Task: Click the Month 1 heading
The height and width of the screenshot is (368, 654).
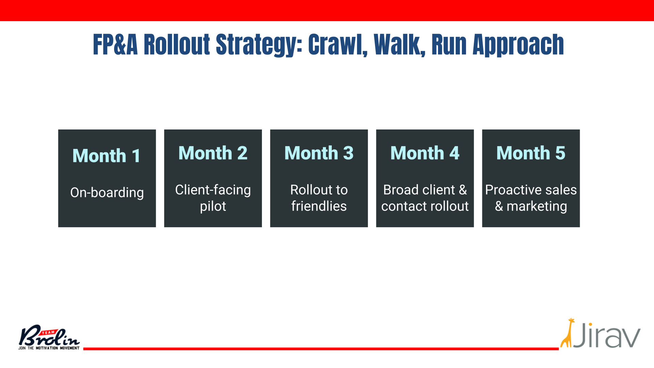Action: tap(107, 156)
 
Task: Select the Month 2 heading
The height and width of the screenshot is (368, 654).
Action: tap(213, 153)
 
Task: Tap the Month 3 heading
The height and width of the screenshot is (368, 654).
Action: tap(319, 153)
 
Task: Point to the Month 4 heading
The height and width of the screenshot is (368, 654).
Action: tap(425, 153)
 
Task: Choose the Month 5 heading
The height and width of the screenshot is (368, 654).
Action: tap(531, 153)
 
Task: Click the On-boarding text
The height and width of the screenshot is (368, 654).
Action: tap(107, 193)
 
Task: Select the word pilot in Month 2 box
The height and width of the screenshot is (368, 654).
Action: tap(213, 206)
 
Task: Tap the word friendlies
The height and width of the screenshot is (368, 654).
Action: tap(319, 206)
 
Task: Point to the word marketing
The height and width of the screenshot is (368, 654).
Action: tap(537, 206)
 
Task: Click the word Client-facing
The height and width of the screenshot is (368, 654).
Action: tap(213, 190)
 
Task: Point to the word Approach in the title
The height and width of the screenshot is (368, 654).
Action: tap(518, 45)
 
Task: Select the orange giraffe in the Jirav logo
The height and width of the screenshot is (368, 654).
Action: tap(567, 333)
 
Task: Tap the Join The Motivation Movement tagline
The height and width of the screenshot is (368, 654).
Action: tap(49, 348)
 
